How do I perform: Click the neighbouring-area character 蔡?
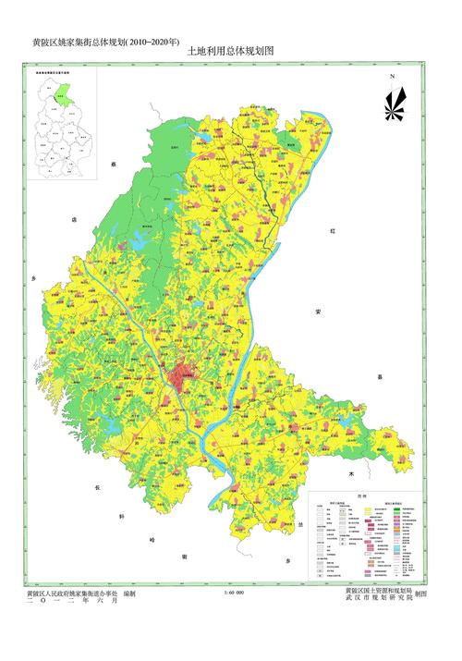pos(115,163)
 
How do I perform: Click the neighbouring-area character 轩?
pos(122,516)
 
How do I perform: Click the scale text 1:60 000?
pos(234,593)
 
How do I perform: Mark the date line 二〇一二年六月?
pos(73,601)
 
